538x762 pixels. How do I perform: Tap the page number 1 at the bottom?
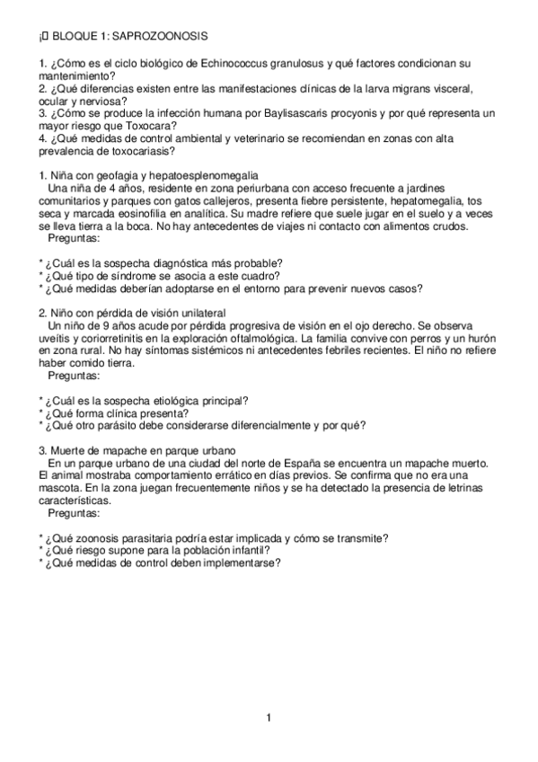(269, 716)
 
